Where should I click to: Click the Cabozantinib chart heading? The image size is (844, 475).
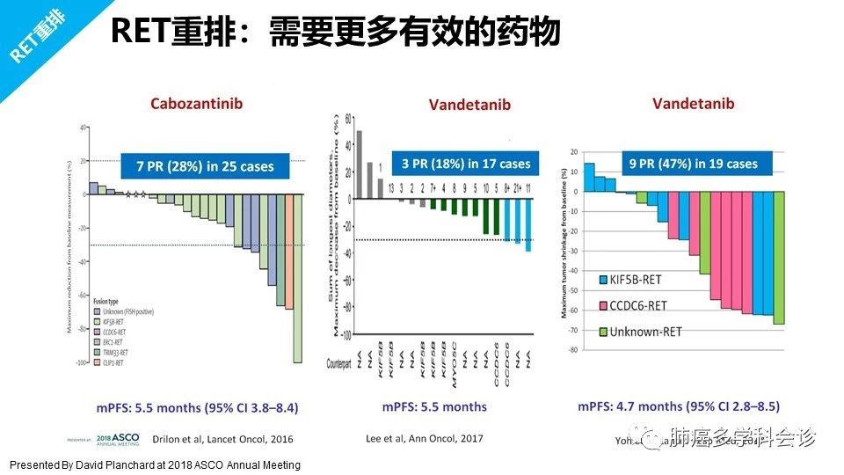196,104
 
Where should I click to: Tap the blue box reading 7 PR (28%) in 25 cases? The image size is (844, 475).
205,165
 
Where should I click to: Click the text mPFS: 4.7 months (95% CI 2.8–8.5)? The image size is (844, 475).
678,406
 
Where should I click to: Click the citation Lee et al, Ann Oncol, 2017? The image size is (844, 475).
424,438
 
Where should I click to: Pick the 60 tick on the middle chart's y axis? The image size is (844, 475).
348,118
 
